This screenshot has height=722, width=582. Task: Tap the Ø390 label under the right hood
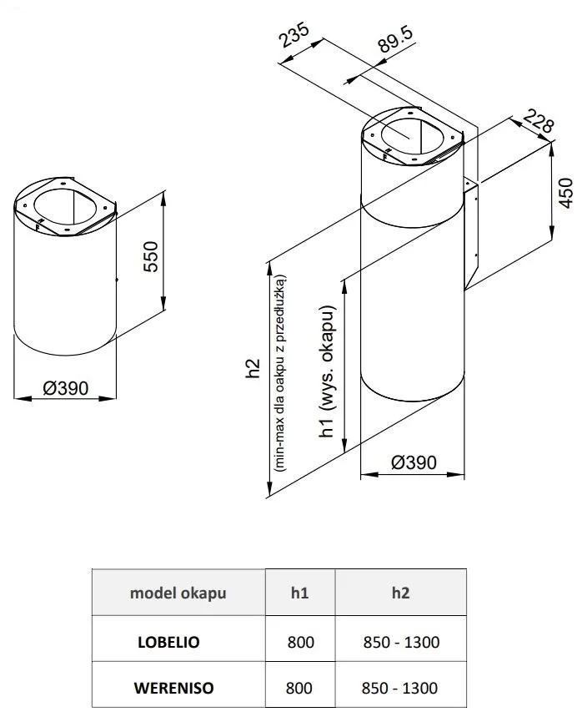pyautogui.click(x=413, y=463)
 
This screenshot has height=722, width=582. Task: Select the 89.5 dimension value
pyautogui.click(x=395, y=41)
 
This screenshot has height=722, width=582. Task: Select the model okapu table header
pyautogui.click(x=178, y=593)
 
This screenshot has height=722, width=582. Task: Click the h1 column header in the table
pyautogui.click(x=300, y=593)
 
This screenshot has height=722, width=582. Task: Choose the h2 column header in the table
pyautogui.click(x=400, y=593)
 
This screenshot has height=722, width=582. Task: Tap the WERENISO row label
pyautogui.click(x=173, y=689)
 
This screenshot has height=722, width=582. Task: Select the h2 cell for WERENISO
pyautogui.click(x=400, y=689)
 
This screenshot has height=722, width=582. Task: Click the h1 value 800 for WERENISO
pyautogui.click(x=300, y=689)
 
